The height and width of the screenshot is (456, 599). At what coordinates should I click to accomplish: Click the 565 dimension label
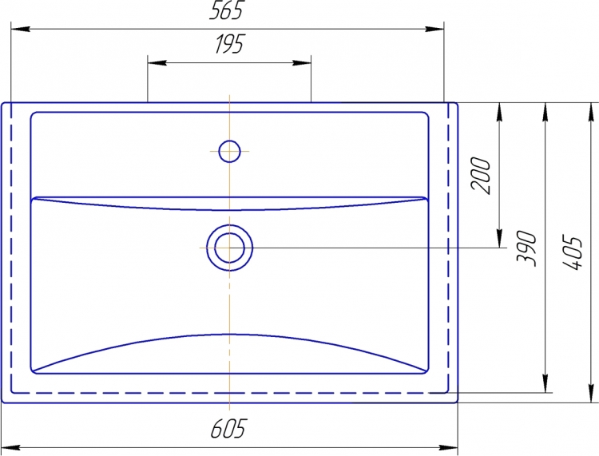[x=226, y=10]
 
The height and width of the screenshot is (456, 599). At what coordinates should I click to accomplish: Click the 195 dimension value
[x=229, y=44]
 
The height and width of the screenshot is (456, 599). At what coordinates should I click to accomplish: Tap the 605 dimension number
[x=228, y=428]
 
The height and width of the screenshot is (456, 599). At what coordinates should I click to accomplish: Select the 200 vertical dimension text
[x=481, y=176]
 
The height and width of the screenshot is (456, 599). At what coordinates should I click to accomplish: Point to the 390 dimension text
[x=527, y=248]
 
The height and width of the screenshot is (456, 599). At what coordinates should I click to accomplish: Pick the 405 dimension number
[x=573, y=253]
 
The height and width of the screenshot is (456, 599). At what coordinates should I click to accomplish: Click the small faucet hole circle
[x=229, y=151]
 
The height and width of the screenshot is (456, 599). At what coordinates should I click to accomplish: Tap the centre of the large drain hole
[x=229, y=248]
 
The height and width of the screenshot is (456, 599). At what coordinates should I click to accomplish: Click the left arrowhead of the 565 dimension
[x=21, y=29]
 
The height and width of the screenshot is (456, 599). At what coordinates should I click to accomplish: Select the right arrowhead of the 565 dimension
[x=434, y=29]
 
